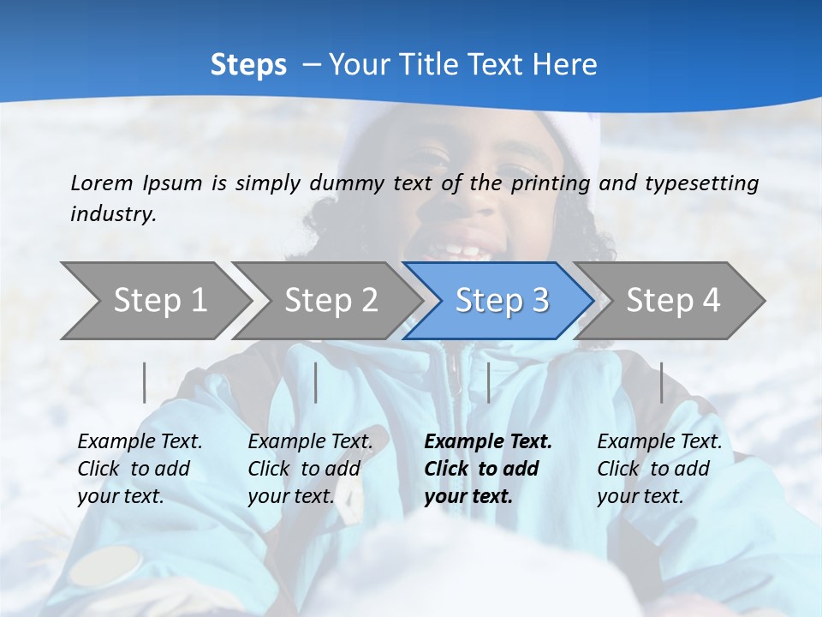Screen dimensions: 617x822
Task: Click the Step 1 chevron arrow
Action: pyautogui.click(x=158, y=300)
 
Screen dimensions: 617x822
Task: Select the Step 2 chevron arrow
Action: pyautogui.click(x=330, y=300)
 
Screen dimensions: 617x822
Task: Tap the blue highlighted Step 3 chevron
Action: pyautogui.click(x=501, y=300)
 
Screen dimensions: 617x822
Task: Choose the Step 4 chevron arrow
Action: pyautogui.click(x=672, y=300)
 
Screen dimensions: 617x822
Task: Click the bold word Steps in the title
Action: pyautogui.click(x=248, y=64)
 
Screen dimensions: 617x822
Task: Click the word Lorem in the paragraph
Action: pyautogui.click(x=101, y=183)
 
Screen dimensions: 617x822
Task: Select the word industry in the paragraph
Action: pyautogui.click(x=113, y=213)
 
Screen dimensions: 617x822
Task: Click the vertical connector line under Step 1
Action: pyautogui.click(x=145, y=382)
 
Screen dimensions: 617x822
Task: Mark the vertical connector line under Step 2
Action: pyautogui.click(x=316, y=382)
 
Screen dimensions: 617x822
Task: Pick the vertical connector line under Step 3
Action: pyautogui.click(x=488, y=382)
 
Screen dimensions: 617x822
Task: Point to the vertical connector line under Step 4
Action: pyautogui.click(x=661, y=382)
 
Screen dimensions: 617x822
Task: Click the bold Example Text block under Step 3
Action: pyautogui.click(x=488, y=469)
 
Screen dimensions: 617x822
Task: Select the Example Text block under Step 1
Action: pyautogui.click(x=140, y=469)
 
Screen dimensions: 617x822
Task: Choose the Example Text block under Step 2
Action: pyautogui.click(x=310, y=469)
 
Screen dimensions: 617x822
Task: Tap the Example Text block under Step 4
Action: pyautogui.click(x=659, y=469)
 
